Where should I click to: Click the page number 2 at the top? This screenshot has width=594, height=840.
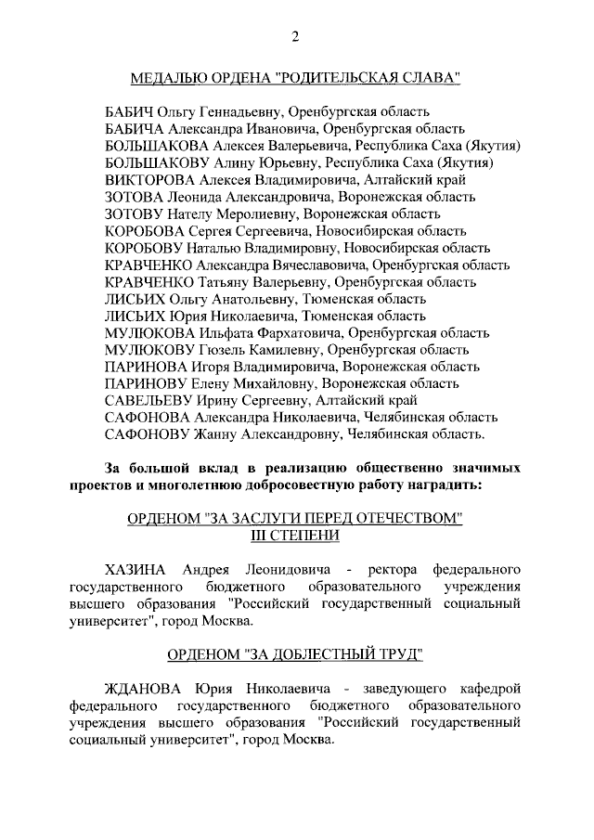294,37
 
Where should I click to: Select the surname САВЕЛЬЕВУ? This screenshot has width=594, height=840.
148,400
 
